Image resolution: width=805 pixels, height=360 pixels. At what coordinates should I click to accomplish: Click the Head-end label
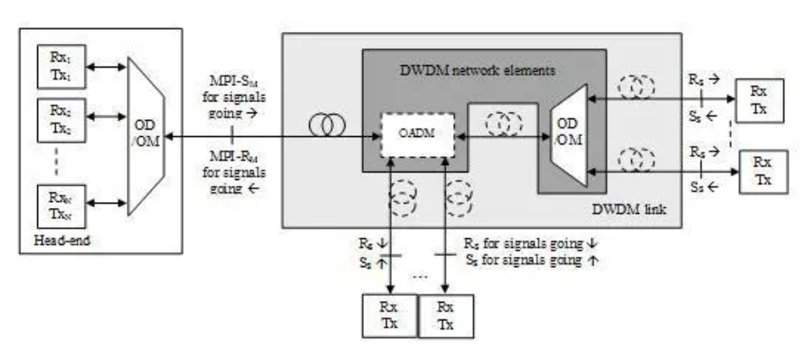pos(59,240)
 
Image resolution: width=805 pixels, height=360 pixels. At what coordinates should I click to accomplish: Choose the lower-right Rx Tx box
pos(764,172)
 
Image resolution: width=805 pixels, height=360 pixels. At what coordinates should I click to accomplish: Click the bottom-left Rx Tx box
pos(389,316)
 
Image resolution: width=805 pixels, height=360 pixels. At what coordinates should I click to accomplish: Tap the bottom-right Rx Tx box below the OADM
pos(446,316)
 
